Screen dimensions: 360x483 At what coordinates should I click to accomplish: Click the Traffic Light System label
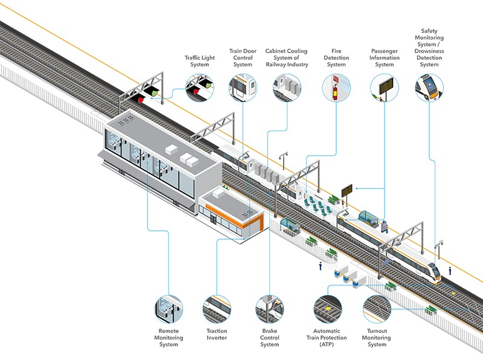[197, 61]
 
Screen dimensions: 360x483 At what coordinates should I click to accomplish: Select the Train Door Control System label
[242, 57]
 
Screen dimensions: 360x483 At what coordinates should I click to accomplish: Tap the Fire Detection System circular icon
[336, 88]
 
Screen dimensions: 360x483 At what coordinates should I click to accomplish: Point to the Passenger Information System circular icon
[384, 88]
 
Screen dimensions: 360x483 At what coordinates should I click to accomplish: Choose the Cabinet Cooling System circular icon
[287, 88]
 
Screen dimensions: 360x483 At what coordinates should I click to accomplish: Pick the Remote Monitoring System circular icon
[169, 309]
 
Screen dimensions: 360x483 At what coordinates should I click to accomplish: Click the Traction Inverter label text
[217, 334]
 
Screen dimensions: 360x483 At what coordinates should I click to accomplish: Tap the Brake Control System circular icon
[269, 309]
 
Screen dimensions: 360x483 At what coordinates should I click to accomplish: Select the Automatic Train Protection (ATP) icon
[327, 309]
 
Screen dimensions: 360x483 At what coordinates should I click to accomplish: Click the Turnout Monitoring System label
[377, 338]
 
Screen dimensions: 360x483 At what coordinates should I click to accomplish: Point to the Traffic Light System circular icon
[199, 88]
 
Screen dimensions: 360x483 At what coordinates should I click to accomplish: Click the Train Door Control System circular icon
[242, 88]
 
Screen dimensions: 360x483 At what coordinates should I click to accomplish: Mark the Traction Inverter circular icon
[217, 309]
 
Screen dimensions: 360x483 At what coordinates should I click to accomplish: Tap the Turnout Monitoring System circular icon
[377, 309]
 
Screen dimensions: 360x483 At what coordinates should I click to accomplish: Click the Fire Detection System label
[336, 57]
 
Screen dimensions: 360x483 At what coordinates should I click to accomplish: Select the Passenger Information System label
[384, 57]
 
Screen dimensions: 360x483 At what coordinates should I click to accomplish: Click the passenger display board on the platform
[347, 190]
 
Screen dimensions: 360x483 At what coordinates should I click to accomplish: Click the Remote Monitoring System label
[169, 338]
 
